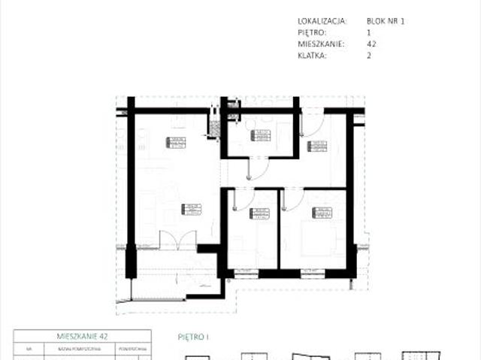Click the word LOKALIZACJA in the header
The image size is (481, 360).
click(322, 21)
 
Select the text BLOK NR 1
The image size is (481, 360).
click(386, 21)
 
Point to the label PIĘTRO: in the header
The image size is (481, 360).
click(313, 32)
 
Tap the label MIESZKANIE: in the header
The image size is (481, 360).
click(321, 44)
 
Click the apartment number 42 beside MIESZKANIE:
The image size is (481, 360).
click(371, 44)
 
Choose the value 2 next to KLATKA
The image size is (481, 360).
click(369, 55)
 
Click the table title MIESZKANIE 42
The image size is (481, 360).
click(83, 337)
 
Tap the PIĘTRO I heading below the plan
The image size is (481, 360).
click(193, 337)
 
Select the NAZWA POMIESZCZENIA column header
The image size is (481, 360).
click(75, 349)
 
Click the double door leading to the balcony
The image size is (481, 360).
click(178, 241)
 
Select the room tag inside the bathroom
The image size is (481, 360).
click(260, 136)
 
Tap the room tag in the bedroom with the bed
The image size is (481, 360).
click(322, 213)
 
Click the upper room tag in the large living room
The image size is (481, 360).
click(176, 144)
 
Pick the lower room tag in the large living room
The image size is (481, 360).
click(192, 210)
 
